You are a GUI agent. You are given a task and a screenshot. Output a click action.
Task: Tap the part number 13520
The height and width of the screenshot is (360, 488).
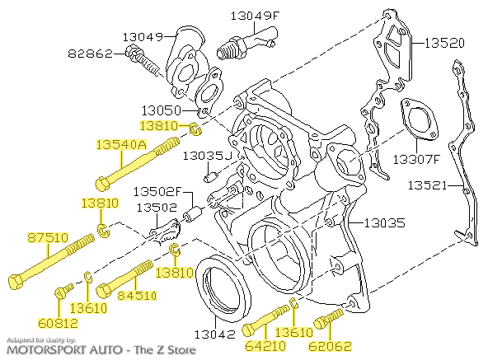(445, 40)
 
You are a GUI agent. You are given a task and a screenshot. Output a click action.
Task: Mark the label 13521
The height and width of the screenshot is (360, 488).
(426, 187)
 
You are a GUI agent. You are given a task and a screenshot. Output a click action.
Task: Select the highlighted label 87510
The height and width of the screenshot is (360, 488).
(47, 237)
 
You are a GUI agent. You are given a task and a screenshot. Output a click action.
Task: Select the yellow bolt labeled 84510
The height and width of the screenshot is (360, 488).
(124, 279)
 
